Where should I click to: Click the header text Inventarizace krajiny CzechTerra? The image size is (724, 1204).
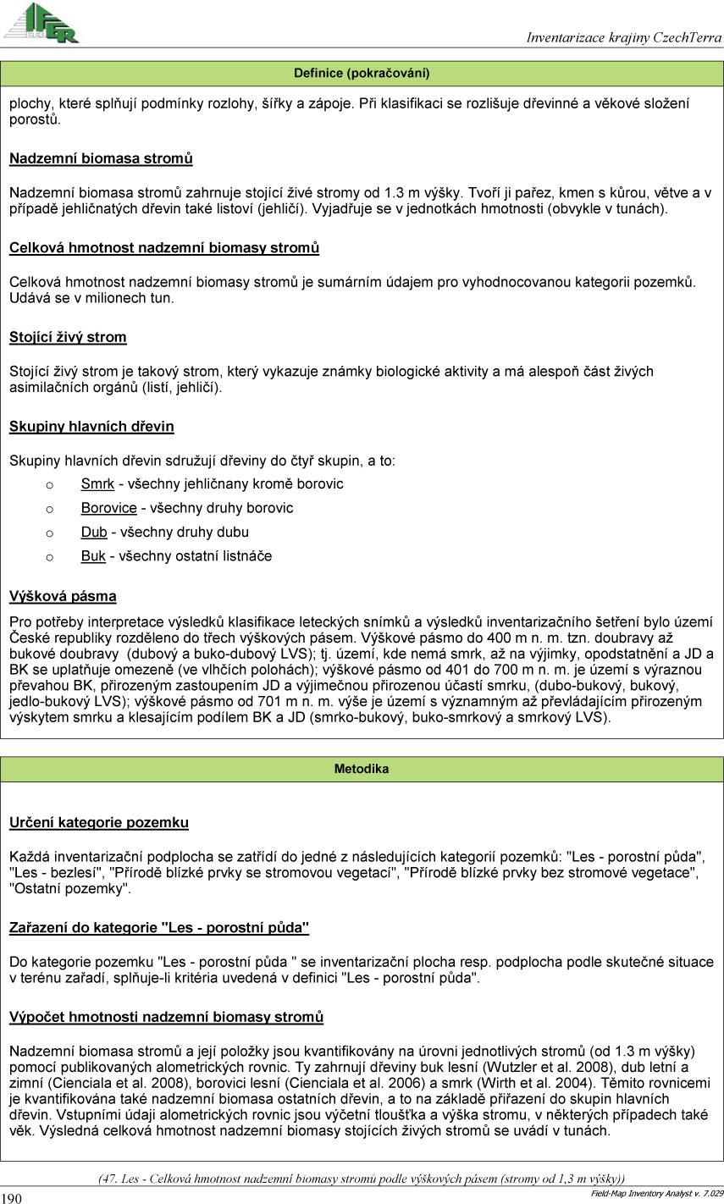tap(623, 37)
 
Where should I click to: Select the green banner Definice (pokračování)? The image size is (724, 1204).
tap(362, 74)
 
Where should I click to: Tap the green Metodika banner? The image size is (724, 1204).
tap(362, 769)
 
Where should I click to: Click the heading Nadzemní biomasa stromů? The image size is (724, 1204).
tap(101, 158)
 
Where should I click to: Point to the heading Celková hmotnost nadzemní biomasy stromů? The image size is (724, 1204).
tap(164, 248)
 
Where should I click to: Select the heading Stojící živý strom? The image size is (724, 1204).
tap(68, 337)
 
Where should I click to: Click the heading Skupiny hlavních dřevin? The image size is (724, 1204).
tap(91, 427)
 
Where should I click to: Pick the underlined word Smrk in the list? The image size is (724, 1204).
tap(97, 484)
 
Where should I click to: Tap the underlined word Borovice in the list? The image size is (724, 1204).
tap(108, 508)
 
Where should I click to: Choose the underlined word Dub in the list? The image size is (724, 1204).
tap(94, 533)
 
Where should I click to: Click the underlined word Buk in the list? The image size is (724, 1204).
tap(93, 556)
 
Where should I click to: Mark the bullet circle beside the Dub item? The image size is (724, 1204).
tap(49, 533)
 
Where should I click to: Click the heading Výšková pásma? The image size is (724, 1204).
tap(63, 596)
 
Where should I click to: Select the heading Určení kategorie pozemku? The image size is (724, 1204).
tap(99, 822)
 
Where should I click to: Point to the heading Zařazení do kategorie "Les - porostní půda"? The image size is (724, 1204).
tap(159, 928)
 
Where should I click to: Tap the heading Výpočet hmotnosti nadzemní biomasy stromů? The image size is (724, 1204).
tap(166, 1017)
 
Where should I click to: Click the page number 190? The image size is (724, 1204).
tap(11, 1197)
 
